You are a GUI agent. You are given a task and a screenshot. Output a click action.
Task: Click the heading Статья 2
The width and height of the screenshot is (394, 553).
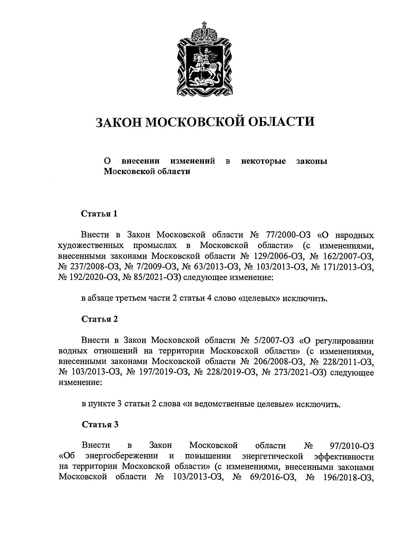tap(99, 319)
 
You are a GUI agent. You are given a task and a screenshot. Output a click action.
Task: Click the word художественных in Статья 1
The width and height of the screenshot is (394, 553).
tap(91, 246)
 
